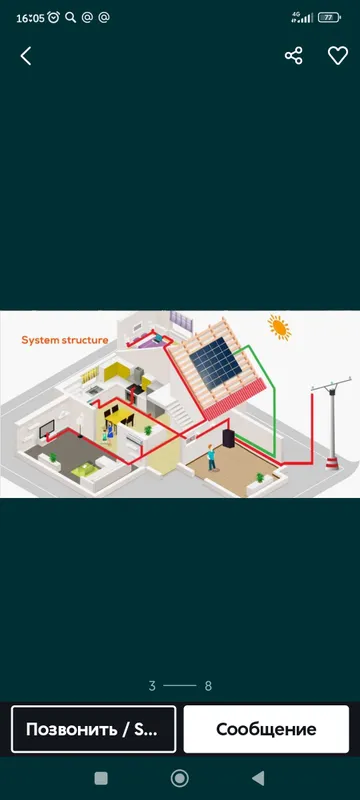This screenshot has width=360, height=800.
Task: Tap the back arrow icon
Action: pyautogui.click(x=25, y=56)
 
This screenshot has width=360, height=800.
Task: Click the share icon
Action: pyautogui.click(x=294, y=56)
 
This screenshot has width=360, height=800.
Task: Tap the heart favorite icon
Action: pyautogui.click(x=338, y=56)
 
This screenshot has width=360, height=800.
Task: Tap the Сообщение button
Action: pyautogui.click(x=266, y=729)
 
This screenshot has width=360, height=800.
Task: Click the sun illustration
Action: pyautogui.click(x=280, y=327)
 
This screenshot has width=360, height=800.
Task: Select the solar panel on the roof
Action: pyautogui.click(x=216, y=362)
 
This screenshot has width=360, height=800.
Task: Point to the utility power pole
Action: pyautogui.click(x=332, y=422)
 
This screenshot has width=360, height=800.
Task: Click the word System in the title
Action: pyautogui.click(x=40, y=340)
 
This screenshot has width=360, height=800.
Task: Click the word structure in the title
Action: pyautogui.click(x=85, y=340)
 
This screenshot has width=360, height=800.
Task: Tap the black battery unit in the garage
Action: pyautogui.click(x=228, y=438)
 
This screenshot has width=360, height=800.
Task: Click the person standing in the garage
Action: pyautogui.click(x=211, y=458)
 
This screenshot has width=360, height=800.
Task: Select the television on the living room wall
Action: pyautogui.click(x=47, y=427)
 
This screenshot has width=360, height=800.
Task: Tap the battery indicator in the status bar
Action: pyautogui.click(x=329, y=17)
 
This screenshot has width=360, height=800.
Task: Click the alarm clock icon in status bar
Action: pyautogui.click(x=54, y=17)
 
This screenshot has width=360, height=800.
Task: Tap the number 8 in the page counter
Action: pyautogui.click(x=208, y=686)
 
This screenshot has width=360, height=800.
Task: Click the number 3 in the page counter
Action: pyautogui.click(x=152, y=686)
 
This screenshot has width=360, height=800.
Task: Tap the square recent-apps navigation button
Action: pyautogui.click(x=101, y=778)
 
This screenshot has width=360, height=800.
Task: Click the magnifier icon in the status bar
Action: pyautogui.click(x=70, y=18)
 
